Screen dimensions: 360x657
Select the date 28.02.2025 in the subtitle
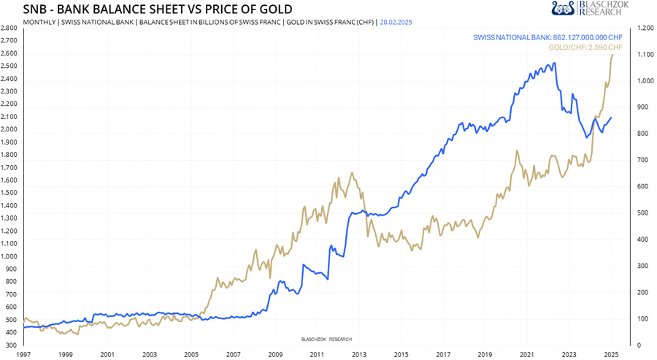pyautogui.click(x=395, y=23)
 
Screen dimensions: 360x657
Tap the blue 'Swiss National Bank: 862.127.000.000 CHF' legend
pyautogui.click(x=547, y=37)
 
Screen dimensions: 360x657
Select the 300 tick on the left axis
pyautogui.click(x=10, y=345)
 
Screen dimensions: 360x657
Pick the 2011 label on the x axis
pyautogui.click(x=316, y=354)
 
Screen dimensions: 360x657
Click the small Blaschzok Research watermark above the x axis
pyautogui.click(x=326, y=340)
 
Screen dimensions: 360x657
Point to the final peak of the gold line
pyautogui.click(x=612, y=55)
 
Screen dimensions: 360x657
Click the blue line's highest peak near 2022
pyautogui.click(x=555, y=63)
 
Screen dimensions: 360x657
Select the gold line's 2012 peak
pyautogui.click(x=352, y=173)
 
